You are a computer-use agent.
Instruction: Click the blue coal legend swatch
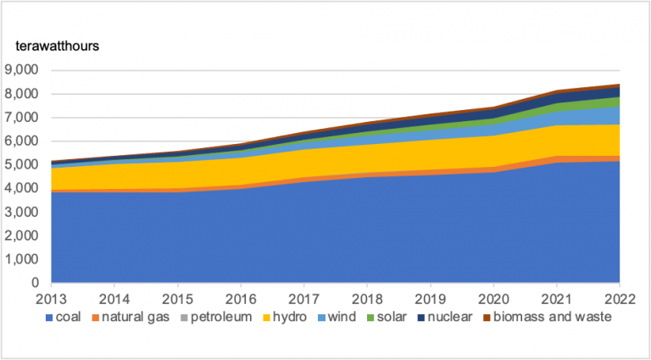(x=47, y=318)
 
